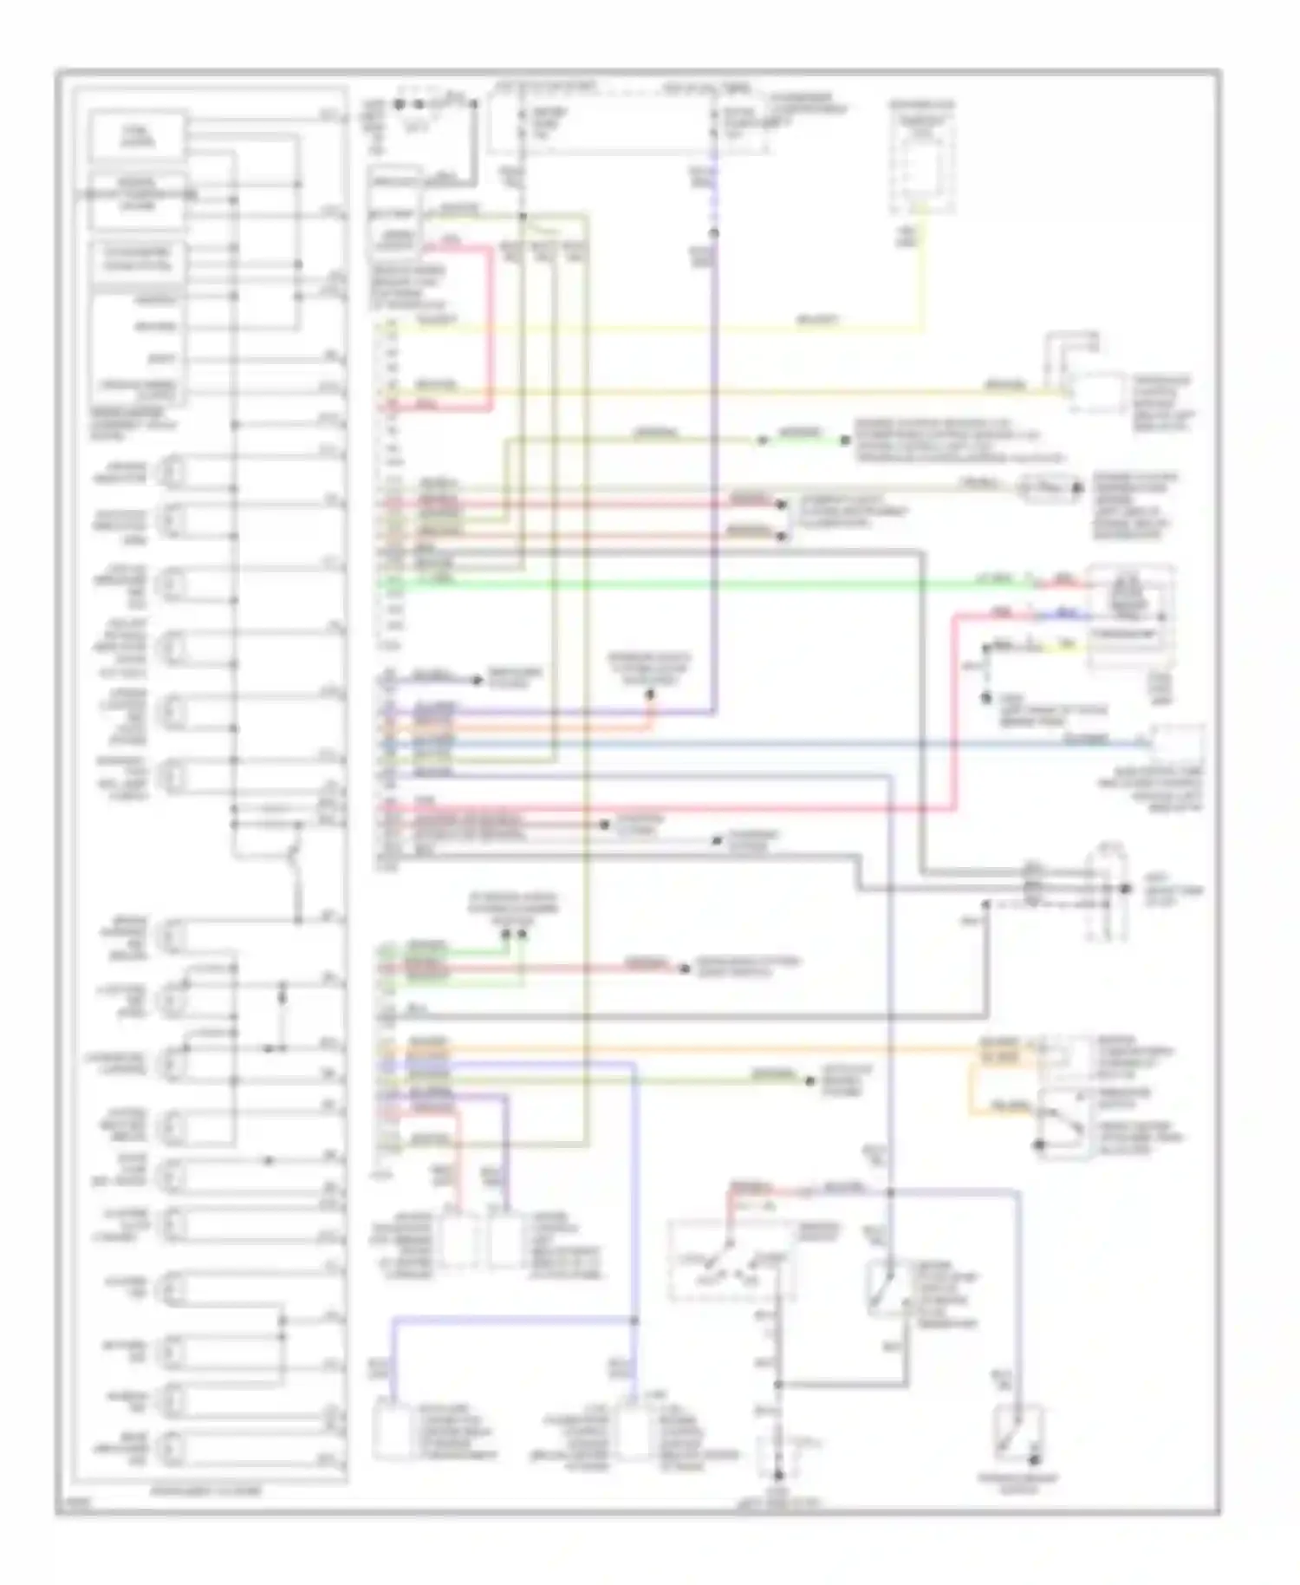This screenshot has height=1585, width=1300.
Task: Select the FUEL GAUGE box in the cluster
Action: (138, 135)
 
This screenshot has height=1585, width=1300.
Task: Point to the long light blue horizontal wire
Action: (780, 744)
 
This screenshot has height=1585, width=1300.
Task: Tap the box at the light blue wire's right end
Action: (1176, 744)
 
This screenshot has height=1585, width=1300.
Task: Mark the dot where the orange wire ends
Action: (652, 695)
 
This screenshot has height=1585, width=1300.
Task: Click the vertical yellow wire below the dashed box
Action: (923, 277)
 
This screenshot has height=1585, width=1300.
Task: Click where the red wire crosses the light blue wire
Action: (955, 744)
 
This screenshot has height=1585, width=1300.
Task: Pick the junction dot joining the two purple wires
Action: (634, 1321)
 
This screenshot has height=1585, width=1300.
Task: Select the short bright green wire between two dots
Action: (803, 440)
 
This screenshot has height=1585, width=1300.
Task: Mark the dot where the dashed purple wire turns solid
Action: (716, 233)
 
